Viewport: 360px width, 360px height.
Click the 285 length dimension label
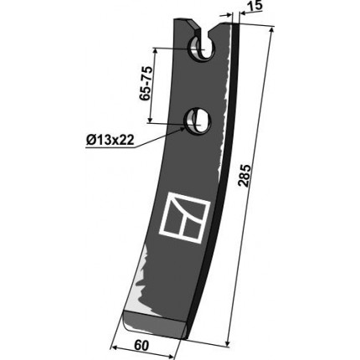tap(245, 176)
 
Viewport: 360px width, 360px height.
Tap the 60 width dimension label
tap(141, 346)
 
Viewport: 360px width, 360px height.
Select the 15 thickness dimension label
tap(256, 6)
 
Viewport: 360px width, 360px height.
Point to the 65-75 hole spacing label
tap(146, 84)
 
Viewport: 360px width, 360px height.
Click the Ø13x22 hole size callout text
tap(110, 139)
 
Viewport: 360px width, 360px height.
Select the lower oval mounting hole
tap(197, 121)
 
